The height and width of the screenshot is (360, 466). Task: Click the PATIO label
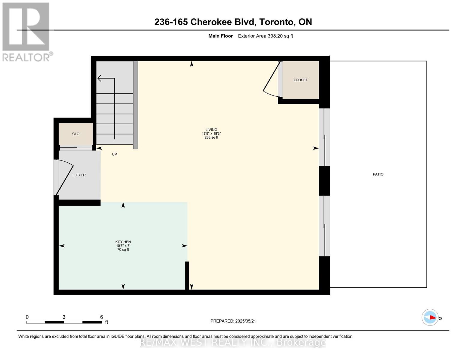click(x=378, y=174)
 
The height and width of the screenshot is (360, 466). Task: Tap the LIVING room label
click(x=211, y=130)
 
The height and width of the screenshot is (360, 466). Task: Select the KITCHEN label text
click(x=123, y=242)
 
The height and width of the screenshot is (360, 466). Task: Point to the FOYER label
click(x=80, y=175)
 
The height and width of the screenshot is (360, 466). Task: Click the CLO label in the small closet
click(x=76, y=134)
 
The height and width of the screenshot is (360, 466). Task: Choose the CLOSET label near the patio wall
click(x=300, y=80)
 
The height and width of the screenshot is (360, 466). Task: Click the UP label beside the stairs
click(x=114, y=154)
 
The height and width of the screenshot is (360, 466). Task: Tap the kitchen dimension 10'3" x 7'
click(x=123, y=246)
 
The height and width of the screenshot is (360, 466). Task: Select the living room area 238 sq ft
click(x=211, y=137)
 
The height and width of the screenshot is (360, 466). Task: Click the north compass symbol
click(x=430, y=317)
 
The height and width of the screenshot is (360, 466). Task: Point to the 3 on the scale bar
click(x=64, y=317)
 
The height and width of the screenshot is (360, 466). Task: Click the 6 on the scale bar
click(x=101, y=317)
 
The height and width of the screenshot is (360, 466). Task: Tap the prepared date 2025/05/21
click(x=245, y=321)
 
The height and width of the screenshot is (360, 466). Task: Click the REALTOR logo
click(x=26, y=32)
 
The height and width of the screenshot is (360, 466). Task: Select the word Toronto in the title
click(x=276, y=22)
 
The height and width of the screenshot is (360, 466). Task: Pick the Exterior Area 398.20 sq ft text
click(x=265, y=36)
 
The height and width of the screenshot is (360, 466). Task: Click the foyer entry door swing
click(x=65, y=177)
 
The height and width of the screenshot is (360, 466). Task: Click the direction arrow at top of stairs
click(x=101, y=79)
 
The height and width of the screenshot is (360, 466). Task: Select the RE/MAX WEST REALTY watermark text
click(x=233, y=343)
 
